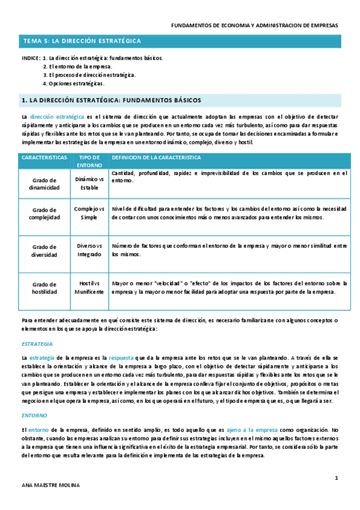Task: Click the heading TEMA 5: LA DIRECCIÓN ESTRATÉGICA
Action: [x=82, y=41]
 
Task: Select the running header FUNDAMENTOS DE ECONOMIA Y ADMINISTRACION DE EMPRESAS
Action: [x=255, y=26]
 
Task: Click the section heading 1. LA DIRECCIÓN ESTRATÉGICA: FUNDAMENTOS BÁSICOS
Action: [x=111, y=100]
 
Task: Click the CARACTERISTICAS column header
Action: [x=44, y=158]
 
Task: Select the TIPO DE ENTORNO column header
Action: [x=90, y=161]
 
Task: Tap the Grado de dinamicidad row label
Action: [x=44, y=183]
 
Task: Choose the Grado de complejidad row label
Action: [x=44, y=213]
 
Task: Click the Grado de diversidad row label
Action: [x=44, y=250]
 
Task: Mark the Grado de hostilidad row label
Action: [x=44, y=287]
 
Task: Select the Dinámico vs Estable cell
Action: [x=90, y=183]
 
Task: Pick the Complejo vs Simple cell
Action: [x=90, y=213]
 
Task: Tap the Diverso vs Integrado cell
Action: [x=90, y=250]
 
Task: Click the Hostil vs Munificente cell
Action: [x=90, y=287]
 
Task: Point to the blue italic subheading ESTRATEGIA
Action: [x=37, y=343]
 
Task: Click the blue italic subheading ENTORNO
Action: [x=34, y=415]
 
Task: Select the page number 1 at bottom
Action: [x=337, y=478]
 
